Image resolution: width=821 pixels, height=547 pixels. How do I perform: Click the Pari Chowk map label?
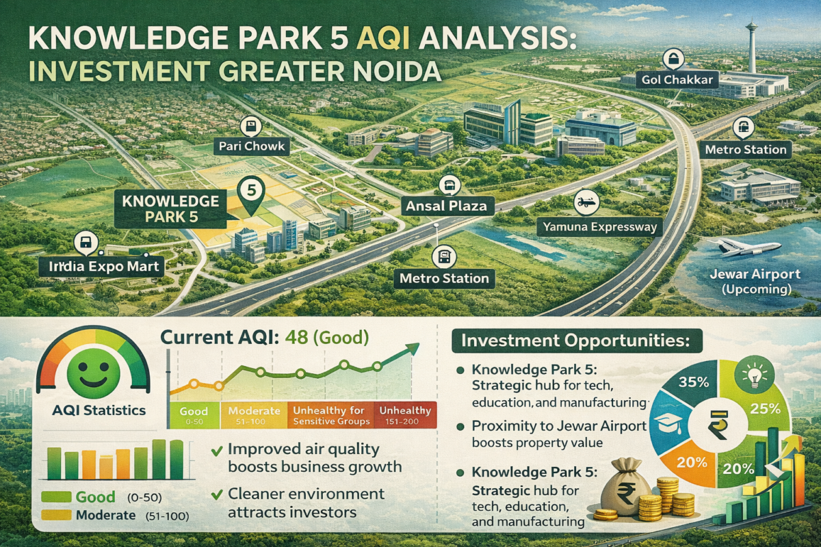[252, 146]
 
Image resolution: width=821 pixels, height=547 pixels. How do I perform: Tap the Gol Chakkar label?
[677, 80]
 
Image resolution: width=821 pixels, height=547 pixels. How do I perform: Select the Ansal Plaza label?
[446, 206]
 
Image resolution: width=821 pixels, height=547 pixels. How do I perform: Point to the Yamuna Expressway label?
[599, 227]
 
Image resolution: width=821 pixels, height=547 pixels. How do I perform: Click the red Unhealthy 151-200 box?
[405, 415]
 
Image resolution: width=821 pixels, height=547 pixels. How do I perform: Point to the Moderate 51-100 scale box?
[254, 415]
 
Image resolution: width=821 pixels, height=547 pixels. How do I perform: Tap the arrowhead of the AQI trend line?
[413, 348]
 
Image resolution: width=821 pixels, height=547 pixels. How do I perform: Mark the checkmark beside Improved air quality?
[217, 451]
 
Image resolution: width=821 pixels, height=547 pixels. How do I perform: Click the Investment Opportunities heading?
[576, 341]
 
